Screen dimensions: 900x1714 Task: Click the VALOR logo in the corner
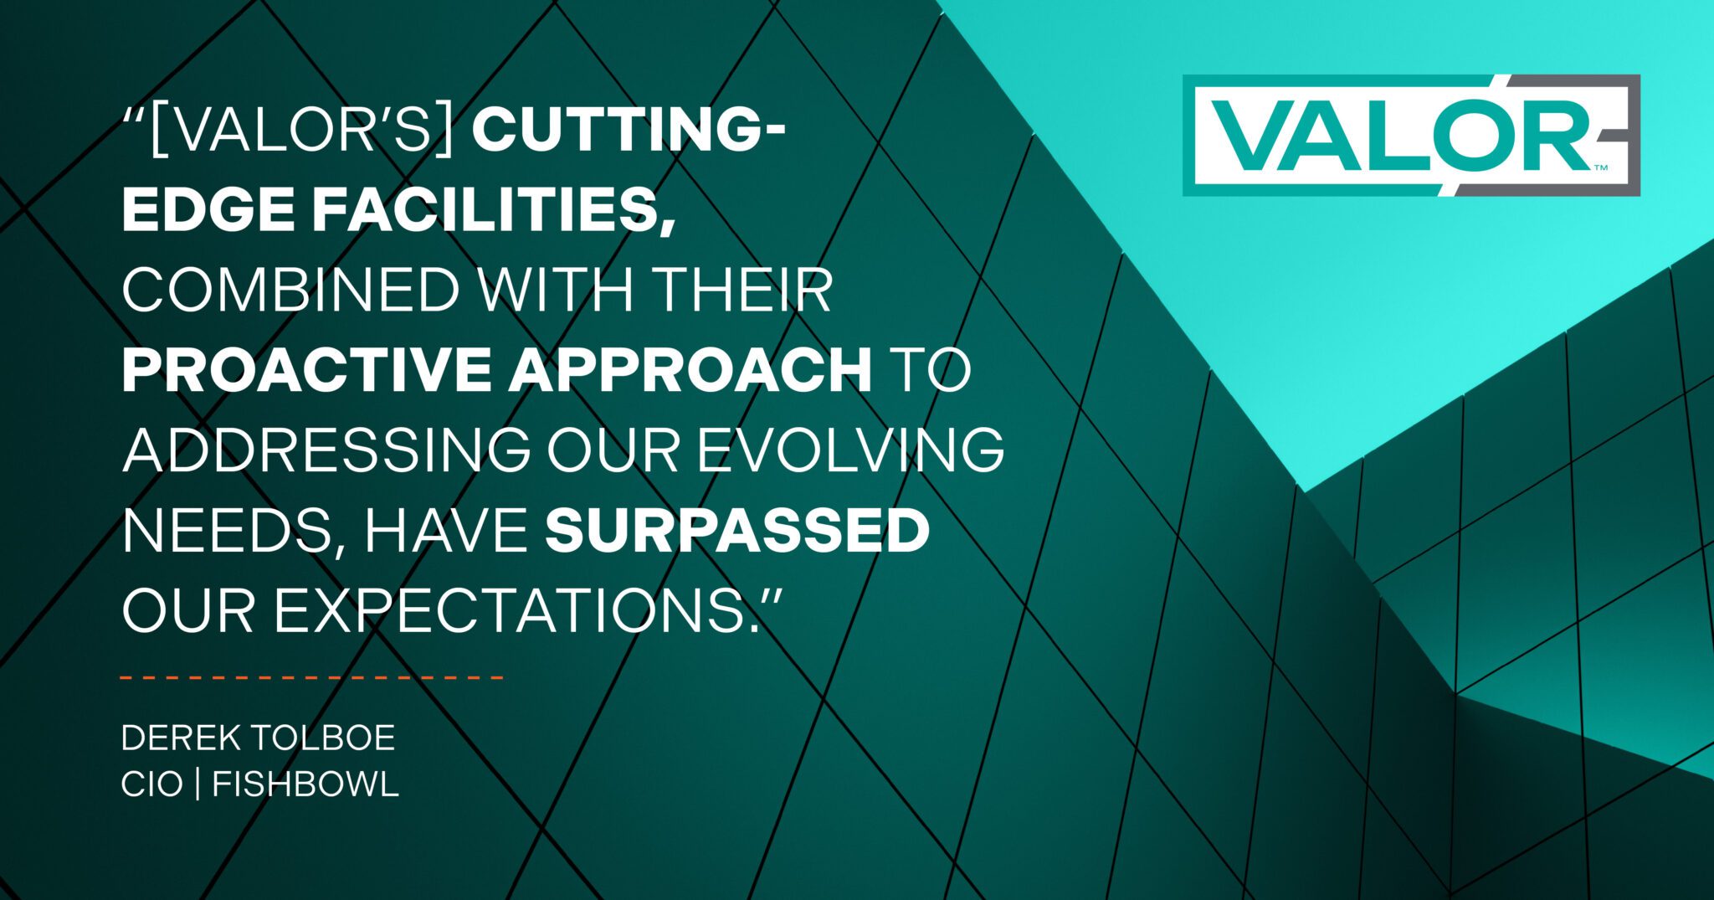1411,136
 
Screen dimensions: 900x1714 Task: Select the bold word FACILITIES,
494,211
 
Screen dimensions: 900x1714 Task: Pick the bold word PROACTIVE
306,370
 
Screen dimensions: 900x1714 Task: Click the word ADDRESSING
326,450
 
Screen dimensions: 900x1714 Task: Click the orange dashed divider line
311,676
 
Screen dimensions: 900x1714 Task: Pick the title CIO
151,785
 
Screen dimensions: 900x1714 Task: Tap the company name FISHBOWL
305,785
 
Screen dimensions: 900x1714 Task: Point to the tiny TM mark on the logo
1601,168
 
